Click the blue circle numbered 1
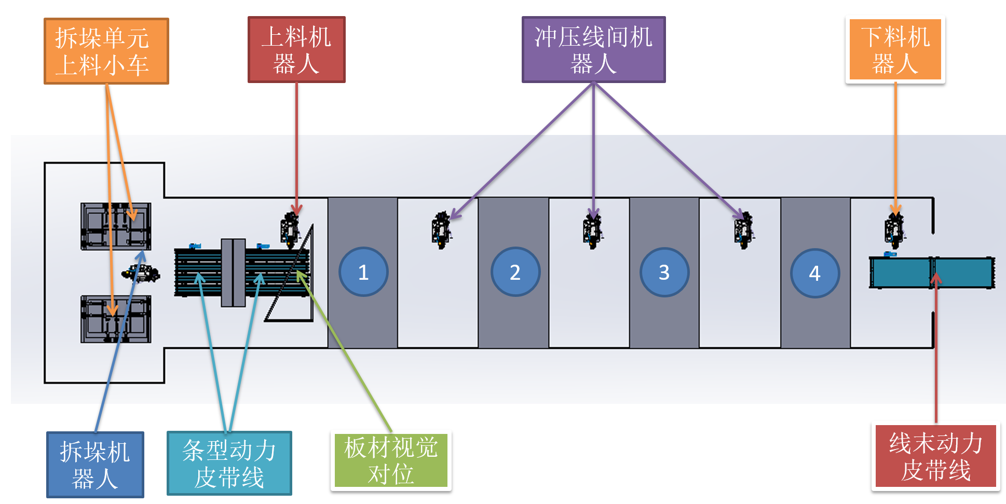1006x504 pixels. click(363, 272)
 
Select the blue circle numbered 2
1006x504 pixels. click(515, 272)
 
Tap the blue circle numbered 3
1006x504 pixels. click(664, 272)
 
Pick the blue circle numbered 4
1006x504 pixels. click(814, 273)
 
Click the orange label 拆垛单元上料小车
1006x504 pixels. click(106, 51)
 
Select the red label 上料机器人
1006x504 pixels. click(296, 50)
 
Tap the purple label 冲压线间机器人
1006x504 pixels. click(593, 50)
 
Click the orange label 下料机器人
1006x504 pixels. click(895, 50)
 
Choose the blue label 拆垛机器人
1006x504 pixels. click(95, 465)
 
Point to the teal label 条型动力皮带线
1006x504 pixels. click(229, 463)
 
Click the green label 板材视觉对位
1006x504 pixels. click(391, 460)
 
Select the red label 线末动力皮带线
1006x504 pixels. click(935, 456)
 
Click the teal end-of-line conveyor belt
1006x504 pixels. click(932, 273)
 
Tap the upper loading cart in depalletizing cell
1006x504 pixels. click(116, 226)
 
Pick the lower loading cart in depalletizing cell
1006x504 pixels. click(116, 319)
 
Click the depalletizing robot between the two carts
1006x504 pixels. click(141, 273)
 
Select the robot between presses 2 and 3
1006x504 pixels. click(592, 230)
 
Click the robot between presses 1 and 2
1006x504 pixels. click(441, 230)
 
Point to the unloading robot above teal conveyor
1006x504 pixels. click(894, 230)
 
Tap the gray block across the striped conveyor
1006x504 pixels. click(233, 273)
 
